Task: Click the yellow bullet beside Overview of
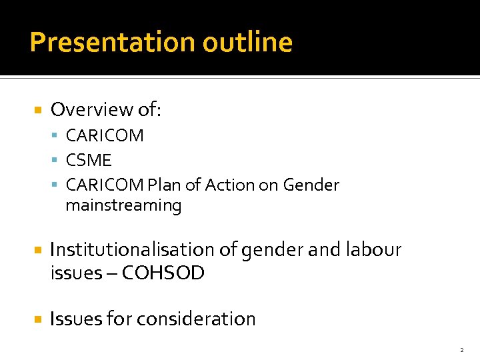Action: tap(38, 109)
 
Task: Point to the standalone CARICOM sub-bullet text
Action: tap(105, 135)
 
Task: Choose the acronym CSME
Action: tap(89, 160)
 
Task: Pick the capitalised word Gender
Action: tap(311, 185)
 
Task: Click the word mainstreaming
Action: tap(123, 205)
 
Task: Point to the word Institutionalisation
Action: tap(133, 249)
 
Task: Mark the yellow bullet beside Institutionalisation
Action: tap(38, 249)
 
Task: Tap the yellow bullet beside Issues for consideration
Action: tap(38, 319)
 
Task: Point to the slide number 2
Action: tap(461, 349)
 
